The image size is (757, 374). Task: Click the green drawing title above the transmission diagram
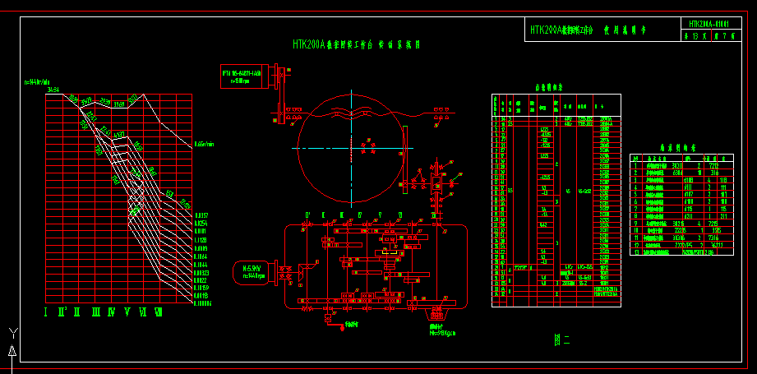tap(356, 45)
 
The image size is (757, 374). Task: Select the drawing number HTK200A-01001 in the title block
tap(709, 25)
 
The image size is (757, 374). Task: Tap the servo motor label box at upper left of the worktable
tap(241, 76)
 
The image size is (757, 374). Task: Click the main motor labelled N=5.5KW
tap(252, 270)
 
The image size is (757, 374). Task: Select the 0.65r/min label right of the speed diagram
tap(204, 144)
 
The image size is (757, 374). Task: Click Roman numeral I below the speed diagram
tap(47, 312)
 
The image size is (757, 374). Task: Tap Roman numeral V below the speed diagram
tap(127, 312)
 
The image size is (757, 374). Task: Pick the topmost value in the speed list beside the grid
tap(201, 215)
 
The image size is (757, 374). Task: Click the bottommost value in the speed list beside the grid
tap(202, 303)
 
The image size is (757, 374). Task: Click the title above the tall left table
tap(547, 86)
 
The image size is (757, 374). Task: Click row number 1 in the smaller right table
tap(635, 165)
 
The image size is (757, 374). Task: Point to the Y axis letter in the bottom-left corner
tap(12, 332)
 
